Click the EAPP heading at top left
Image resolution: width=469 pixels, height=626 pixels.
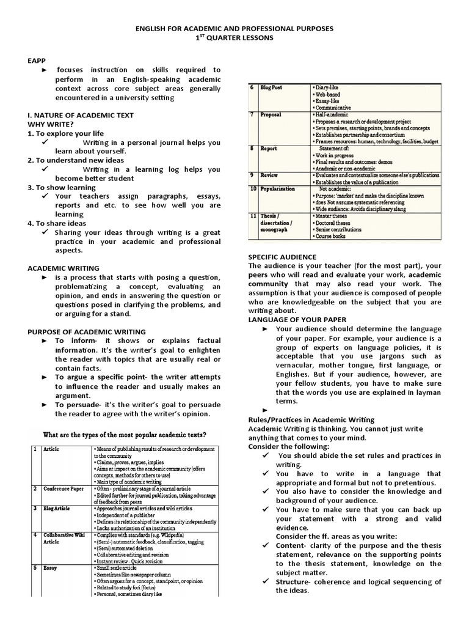tap(37, 61)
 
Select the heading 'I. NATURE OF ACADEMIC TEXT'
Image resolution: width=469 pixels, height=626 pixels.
tap(81, 115)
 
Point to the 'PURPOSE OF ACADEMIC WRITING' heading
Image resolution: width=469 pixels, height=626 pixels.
tap(87, 331)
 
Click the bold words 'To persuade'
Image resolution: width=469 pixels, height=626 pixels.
tap(76, 405)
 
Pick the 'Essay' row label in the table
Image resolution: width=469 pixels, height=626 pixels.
tap(51, 567)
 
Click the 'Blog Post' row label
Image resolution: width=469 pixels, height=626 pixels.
tap(271, 88)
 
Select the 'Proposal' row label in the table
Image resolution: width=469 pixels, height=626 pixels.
tap(271, 115)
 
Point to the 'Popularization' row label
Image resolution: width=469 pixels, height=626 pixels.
tap(278, 190)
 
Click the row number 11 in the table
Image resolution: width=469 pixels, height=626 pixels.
tap(252, 216)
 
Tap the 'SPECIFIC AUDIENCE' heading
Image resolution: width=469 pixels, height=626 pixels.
tap(282, 256)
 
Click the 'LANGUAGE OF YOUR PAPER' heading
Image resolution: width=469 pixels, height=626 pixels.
tap(297, 320)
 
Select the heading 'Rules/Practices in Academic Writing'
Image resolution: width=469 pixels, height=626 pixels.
tap(311, 420)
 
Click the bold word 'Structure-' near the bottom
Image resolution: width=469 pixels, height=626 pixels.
tap(296, 582)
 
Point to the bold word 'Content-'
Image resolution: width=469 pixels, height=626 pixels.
tap(293, 546)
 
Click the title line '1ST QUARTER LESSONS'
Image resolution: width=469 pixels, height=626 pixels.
tap(234, 38)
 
